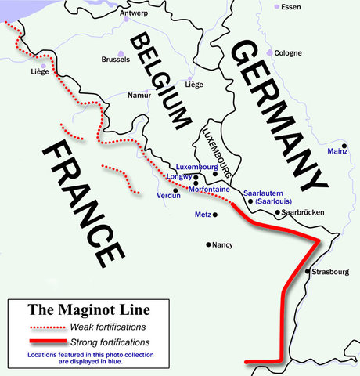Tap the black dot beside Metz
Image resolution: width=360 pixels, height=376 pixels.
[214, 215]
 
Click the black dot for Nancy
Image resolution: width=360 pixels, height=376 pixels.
[209, 245]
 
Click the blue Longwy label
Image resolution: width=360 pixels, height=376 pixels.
[179, 177]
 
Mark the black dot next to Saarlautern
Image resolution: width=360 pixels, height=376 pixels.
[250, 201]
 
